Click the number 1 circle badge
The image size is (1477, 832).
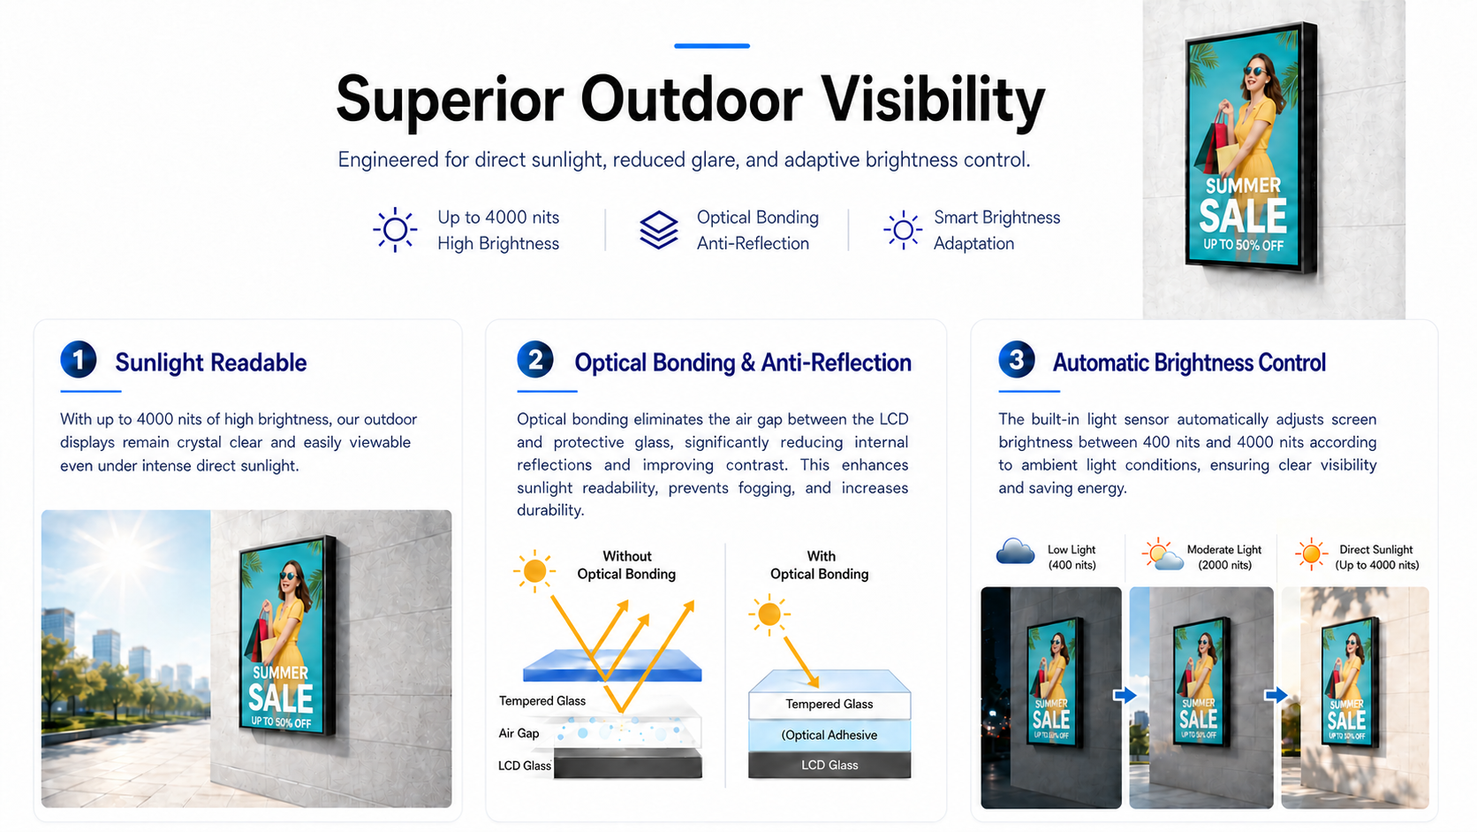tap(79, 360)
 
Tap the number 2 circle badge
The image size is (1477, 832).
tap(534, 360)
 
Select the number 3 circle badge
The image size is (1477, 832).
tap(1016, 360)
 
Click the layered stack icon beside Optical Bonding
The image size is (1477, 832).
tap(659, 230)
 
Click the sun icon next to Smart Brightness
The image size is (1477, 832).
tap(903, 230)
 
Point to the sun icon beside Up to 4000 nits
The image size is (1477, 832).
tap(395, 230)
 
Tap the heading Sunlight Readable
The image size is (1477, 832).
tap(211, 363)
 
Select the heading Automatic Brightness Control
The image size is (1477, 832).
tap(1189, 363)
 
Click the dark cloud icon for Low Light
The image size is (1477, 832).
tap(1015, 552)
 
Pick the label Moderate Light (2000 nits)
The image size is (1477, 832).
tap(1223, 557)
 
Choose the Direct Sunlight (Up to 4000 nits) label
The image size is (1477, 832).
tap(1377, 557)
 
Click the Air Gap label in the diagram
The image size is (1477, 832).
tap(519, 733)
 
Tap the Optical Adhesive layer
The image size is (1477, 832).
tap(829, 735)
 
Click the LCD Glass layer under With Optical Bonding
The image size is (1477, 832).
tap(829, 766)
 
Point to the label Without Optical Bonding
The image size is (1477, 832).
tap(626, 565)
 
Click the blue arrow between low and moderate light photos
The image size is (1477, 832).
tap(1125, 695)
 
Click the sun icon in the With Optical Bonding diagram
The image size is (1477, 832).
tap(769, 614)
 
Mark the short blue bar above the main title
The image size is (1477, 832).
tap(711, 45)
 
